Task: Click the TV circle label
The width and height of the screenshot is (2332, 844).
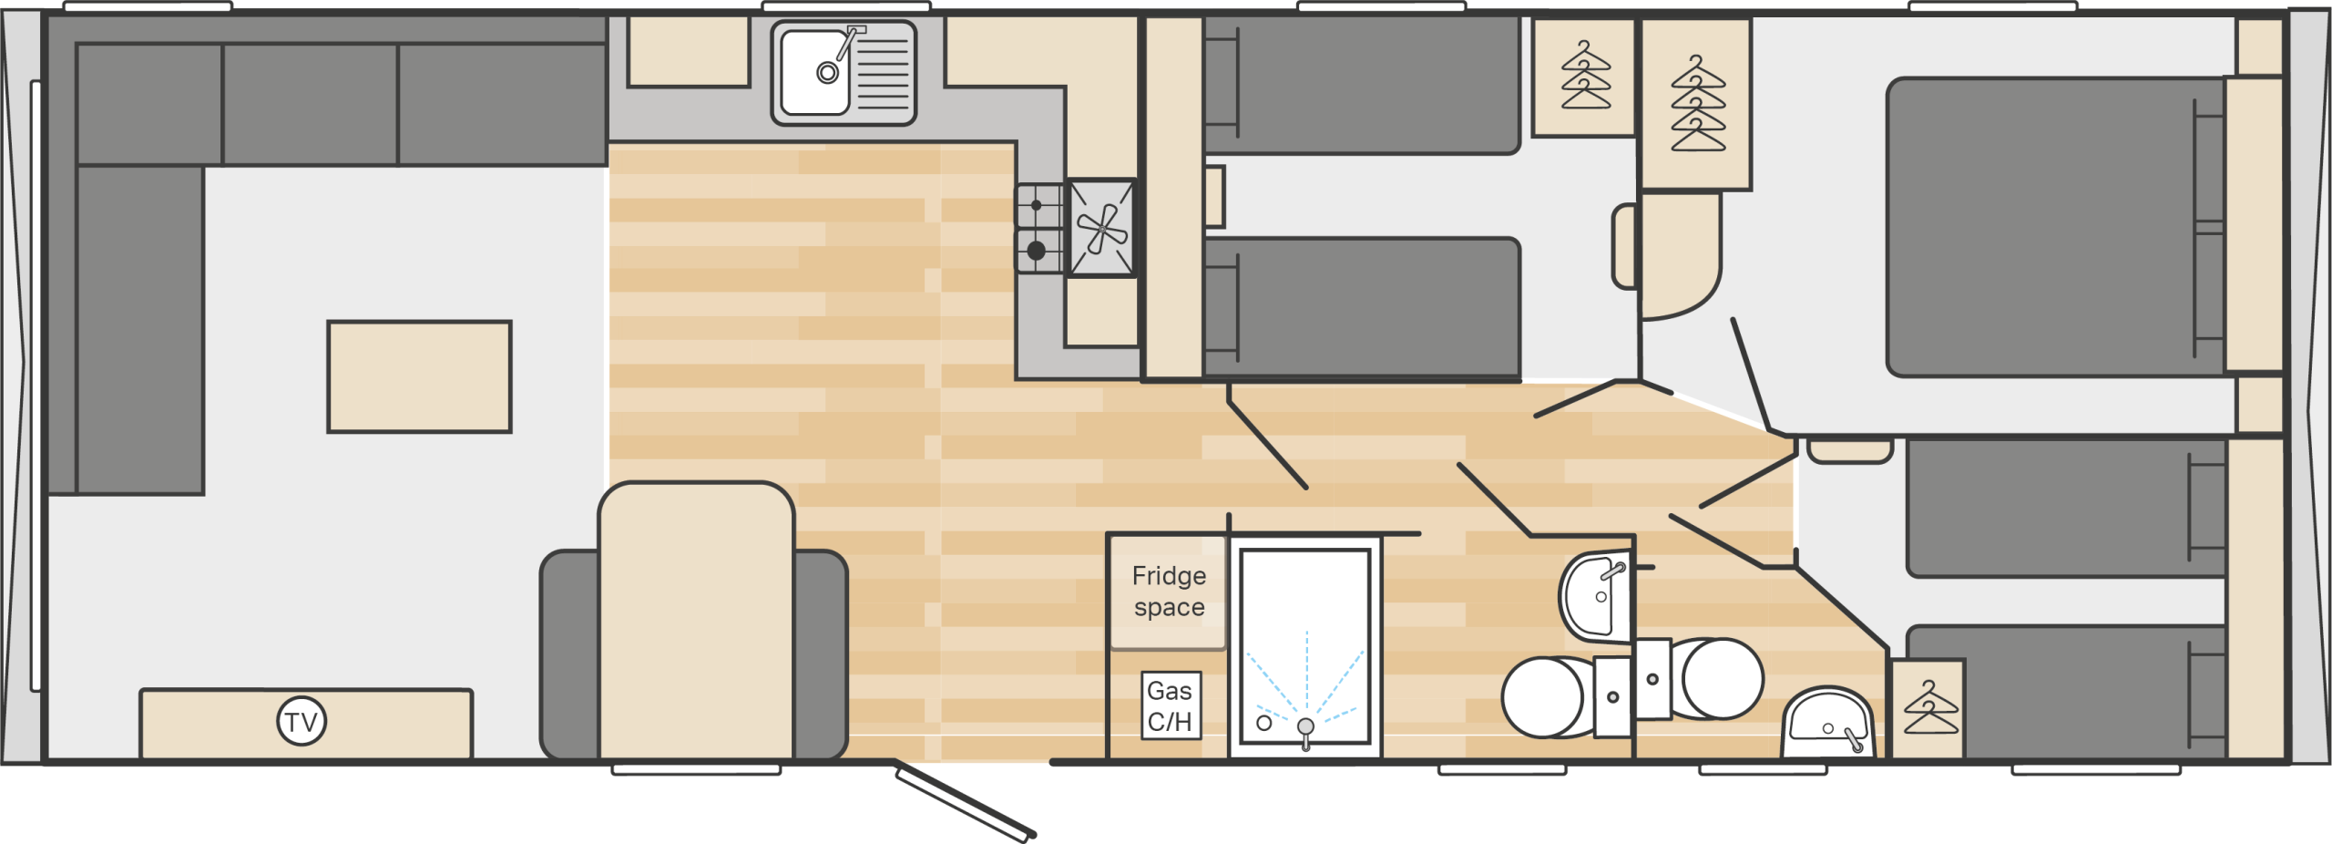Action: click(302, 722)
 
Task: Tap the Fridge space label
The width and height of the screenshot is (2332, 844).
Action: click(1169, 592)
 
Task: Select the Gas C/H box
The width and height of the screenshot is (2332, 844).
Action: click(1171, 705)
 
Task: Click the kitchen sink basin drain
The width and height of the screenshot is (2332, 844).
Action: click(827, 73)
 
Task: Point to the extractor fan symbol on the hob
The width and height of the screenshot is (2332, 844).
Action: click(1102, 228)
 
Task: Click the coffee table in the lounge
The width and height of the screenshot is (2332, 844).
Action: click(419, 376)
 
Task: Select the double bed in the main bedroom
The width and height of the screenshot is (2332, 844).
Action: click(2057, 227)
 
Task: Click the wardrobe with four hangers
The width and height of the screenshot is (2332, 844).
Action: click(1696, 104)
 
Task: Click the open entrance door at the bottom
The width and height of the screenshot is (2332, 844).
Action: click(965, 799)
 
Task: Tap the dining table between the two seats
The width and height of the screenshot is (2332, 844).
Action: click(697, 621)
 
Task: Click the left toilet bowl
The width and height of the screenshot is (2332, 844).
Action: click(1546, 697)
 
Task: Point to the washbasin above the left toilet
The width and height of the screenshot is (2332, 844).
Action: click(1596, 595)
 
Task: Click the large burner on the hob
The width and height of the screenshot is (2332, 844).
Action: click(1037, 251)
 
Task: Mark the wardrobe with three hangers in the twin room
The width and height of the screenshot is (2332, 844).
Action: click(1585, 77)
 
